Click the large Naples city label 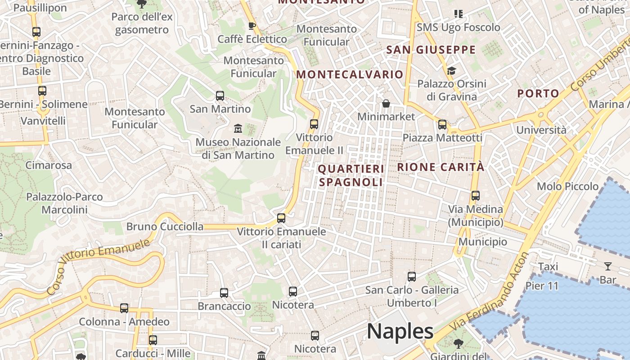400,332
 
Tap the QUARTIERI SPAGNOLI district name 351,175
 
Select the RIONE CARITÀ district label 441,167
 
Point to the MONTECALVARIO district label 350,74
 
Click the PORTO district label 538,94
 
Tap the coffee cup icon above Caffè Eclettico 252,25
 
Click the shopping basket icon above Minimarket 386,104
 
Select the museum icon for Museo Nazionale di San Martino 238,129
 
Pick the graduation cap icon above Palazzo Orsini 451,71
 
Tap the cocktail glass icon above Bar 608,266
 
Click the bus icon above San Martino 220,95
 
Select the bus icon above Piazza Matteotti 442,124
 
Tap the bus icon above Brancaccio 224,292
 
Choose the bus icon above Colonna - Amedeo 124,308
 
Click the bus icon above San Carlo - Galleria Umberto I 412,276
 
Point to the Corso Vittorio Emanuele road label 98,267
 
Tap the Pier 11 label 542,286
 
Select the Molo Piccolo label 567,186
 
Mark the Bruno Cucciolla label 165,226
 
